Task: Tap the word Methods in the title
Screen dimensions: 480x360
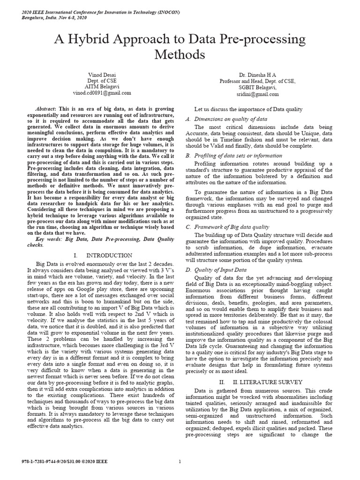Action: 180,55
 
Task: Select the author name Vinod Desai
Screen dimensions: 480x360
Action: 102,74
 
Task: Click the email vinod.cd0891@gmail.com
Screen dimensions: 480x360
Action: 102,94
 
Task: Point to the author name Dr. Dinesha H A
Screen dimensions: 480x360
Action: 257,74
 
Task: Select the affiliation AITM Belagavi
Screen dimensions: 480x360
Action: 102,87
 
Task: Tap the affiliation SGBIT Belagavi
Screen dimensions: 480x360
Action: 257,87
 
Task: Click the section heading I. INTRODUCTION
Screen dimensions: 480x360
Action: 102,255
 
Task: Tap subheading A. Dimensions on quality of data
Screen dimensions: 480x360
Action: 227,119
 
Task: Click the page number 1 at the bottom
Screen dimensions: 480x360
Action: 180,461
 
